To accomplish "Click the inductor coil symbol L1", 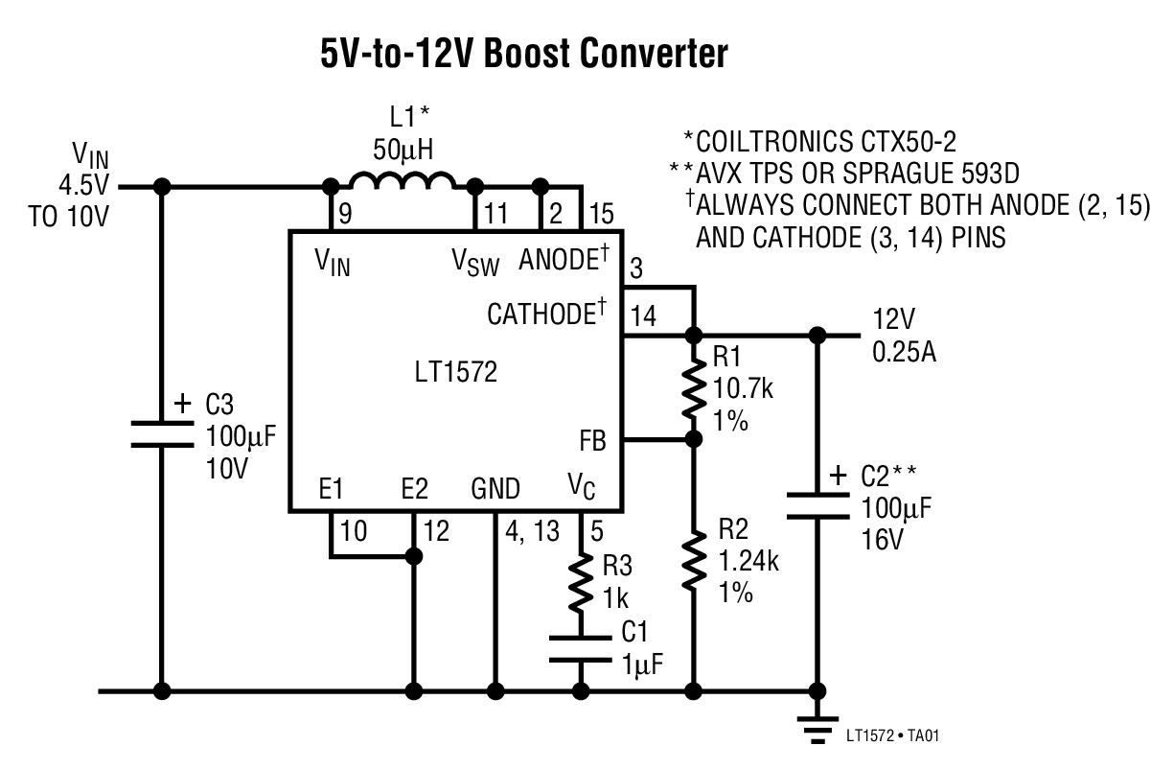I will pyautogui.click(x=403, y=181).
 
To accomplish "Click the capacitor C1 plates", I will pyautogui.click(x=580, y=648).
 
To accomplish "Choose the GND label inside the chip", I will pyautogui.click(x=495, y=490).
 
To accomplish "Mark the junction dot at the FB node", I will pyautogui.click(x=693, y=439).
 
